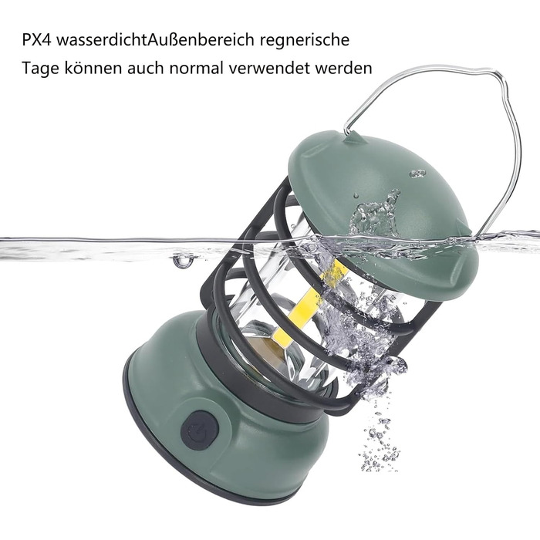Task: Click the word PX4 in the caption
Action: (x=36, y=39)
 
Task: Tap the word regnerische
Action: (x=305, y=41)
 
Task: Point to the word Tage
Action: (x=40, y=68)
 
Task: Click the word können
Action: (x=93, y=68)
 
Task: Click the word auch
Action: (x=145, y=68)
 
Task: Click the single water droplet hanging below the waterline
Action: (x=182, y=261)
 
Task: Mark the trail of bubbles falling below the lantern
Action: (x=380, y=437)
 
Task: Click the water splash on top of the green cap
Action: (x=376, y=214)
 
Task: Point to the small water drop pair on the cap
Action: (x=417, y=174)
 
